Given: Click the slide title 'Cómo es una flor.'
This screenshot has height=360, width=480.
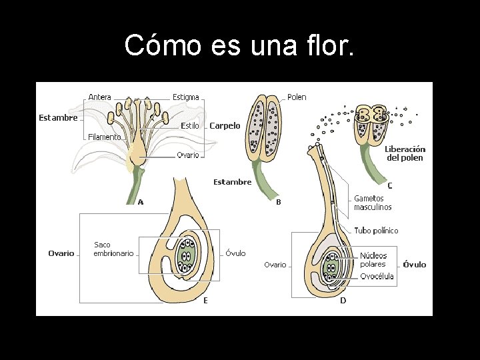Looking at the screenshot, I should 240,45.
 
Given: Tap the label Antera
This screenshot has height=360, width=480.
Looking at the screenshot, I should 100,97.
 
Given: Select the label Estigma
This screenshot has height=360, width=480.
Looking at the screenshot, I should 186,97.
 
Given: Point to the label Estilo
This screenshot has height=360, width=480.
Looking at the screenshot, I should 190,125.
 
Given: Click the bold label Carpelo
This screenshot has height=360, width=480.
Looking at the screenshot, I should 225,125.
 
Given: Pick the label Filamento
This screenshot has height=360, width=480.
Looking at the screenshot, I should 105,137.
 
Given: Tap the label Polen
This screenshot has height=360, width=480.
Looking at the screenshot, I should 297,97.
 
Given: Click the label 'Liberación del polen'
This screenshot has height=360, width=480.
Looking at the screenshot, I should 405,153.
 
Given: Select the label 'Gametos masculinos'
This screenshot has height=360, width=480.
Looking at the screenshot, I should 373,203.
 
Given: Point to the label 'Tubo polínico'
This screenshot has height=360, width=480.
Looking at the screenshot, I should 376,231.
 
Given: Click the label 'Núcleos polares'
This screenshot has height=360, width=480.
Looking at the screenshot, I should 373,260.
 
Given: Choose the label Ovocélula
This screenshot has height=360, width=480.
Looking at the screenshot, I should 377,276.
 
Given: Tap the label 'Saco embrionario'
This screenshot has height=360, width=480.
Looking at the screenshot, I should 113,249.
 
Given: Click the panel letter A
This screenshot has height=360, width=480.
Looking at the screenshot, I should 141,202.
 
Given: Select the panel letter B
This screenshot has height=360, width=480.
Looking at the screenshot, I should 279,201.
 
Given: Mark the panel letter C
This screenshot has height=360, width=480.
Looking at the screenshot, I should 390,186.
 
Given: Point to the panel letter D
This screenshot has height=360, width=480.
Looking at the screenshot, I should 343,301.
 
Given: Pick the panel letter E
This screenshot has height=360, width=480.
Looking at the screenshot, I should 205,301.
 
